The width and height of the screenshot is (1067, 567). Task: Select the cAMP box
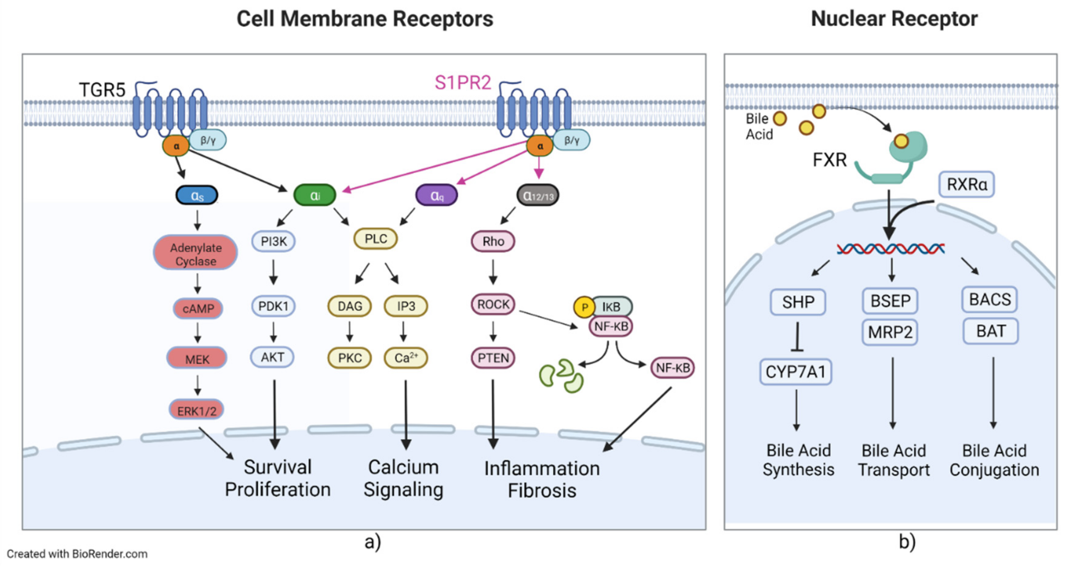coord(198,308)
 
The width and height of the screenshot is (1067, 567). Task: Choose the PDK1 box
coord(273,306)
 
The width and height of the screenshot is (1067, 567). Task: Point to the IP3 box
coord(406,306)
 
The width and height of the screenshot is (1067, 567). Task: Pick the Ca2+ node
coord(406,357)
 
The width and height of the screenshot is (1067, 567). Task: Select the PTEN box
coord(493,357)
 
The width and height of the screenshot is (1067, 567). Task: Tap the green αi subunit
coord(315,195)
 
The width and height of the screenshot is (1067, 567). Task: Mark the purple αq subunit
coord(437,195)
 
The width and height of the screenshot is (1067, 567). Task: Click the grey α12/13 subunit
coord(538,195)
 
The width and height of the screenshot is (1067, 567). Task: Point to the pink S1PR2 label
coord(463,83)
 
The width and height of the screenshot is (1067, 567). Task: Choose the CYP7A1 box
coord(796,372)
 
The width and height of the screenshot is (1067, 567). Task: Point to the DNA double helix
coord(891,249)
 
